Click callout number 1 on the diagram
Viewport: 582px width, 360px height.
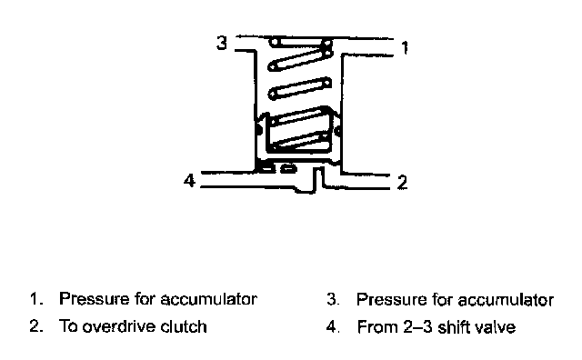405,48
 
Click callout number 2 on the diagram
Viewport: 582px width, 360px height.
402,182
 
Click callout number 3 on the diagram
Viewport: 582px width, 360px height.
222,43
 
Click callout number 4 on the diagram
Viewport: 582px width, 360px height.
189,181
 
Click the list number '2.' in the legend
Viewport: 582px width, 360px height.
35,326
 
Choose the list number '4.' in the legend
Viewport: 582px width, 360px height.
334,327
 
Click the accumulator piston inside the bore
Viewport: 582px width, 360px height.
298,135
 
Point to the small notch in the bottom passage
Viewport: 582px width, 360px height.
318,180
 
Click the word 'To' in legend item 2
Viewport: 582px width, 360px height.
68,326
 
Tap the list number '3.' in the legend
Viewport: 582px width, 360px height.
333,300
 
